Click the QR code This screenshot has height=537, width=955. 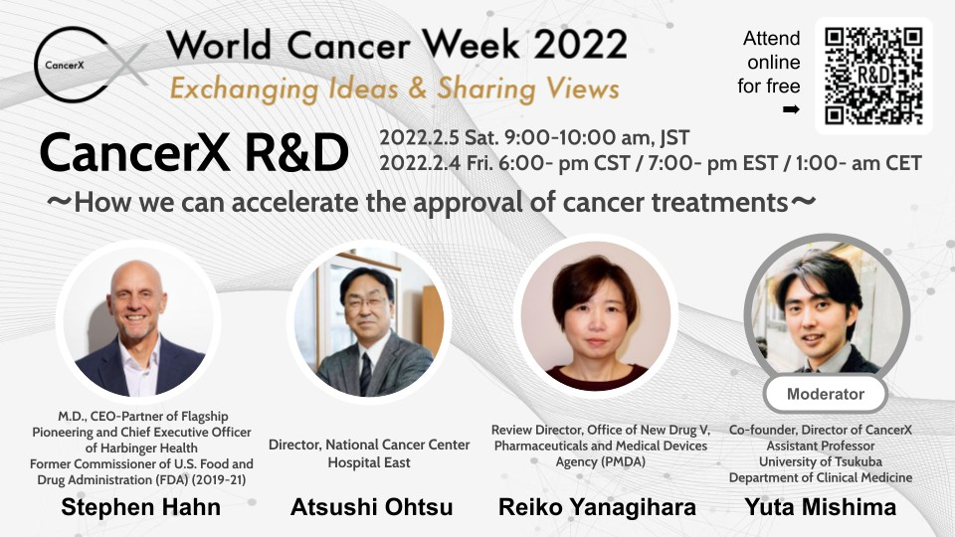point(873,76)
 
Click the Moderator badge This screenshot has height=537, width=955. point(826,394)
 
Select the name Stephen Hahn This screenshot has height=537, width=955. point(140,507)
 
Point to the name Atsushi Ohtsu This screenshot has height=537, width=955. point(371,507)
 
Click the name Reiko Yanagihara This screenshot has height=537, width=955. point(597,507)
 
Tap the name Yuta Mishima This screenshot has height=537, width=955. point(821,507)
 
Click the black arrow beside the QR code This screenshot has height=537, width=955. point(791,109)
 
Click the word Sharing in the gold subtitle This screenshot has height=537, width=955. point(485,89)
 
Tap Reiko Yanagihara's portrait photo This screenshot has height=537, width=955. point(596,315)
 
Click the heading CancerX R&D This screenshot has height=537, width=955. point(194,153)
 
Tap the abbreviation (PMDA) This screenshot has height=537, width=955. point(601,462)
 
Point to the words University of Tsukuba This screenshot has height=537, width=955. point(821,462)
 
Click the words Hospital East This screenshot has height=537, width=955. point(369,462)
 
